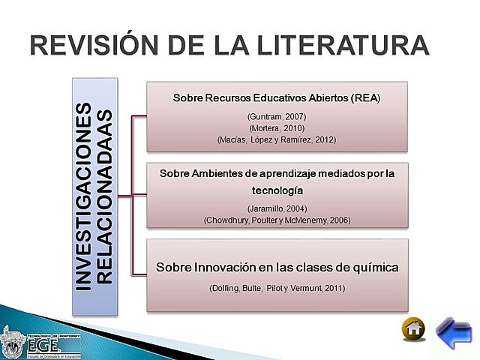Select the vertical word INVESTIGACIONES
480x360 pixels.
[87, 196]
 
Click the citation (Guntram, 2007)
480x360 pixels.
[277, 116]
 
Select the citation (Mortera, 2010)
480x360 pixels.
[277, 128]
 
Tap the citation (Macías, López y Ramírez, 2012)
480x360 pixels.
[277, 139]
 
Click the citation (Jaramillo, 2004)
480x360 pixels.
[277, 208]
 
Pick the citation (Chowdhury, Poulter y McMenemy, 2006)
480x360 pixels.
[277, 220]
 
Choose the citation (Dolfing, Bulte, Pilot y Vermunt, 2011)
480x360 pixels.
[277, 289]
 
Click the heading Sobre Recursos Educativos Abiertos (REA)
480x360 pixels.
[277, 98]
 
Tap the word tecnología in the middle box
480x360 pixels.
[277, 190]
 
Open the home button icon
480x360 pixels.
[413, 329]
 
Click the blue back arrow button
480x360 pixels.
[453, 330]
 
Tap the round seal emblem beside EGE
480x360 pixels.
[13, 340]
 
